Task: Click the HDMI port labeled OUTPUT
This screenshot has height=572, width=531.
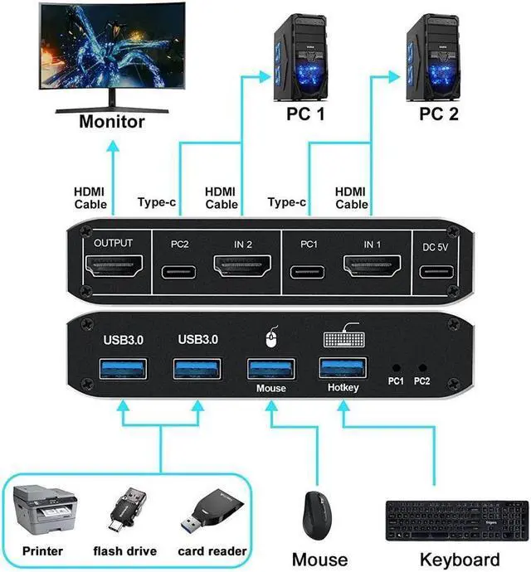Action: coord(114,269)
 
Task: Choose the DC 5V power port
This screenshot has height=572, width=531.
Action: coord(437,271)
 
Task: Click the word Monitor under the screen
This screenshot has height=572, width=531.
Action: coord(112,122)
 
